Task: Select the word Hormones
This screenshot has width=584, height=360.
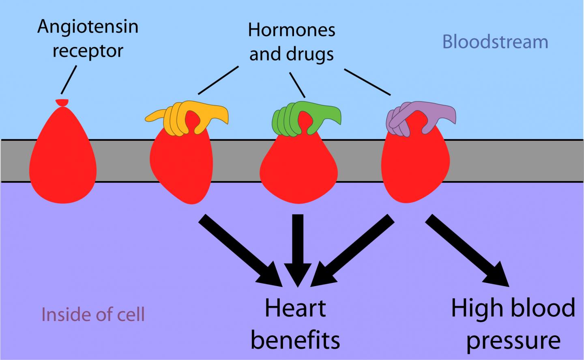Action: (292, 30)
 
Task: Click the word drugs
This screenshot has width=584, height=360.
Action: (310, 54)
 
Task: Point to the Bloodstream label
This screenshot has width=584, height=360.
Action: (495, 42)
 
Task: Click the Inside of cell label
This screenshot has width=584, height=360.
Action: (93, 315)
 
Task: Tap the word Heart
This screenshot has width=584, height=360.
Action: (295, 308)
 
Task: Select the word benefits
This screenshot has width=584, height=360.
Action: (295, 340)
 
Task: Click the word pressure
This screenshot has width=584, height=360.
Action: (513, 342)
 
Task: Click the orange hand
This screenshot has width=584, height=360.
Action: (187, 118)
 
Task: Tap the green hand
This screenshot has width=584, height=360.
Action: (307, 119)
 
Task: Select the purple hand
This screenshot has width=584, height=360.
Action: (421, 119)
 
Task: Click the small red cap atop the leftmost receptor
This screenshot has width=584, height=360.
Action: (62, 103)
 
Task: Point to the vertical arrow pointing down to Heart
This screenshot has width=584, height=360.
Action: (298, 250)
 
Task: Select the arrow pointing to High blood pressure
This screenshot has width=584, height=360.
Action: (467, 250)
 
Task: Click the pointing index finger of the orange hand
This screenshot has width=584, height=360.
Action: (155, 116)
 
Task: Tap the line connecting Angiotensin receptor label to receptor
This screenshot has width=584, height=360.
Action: (69, 80)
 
